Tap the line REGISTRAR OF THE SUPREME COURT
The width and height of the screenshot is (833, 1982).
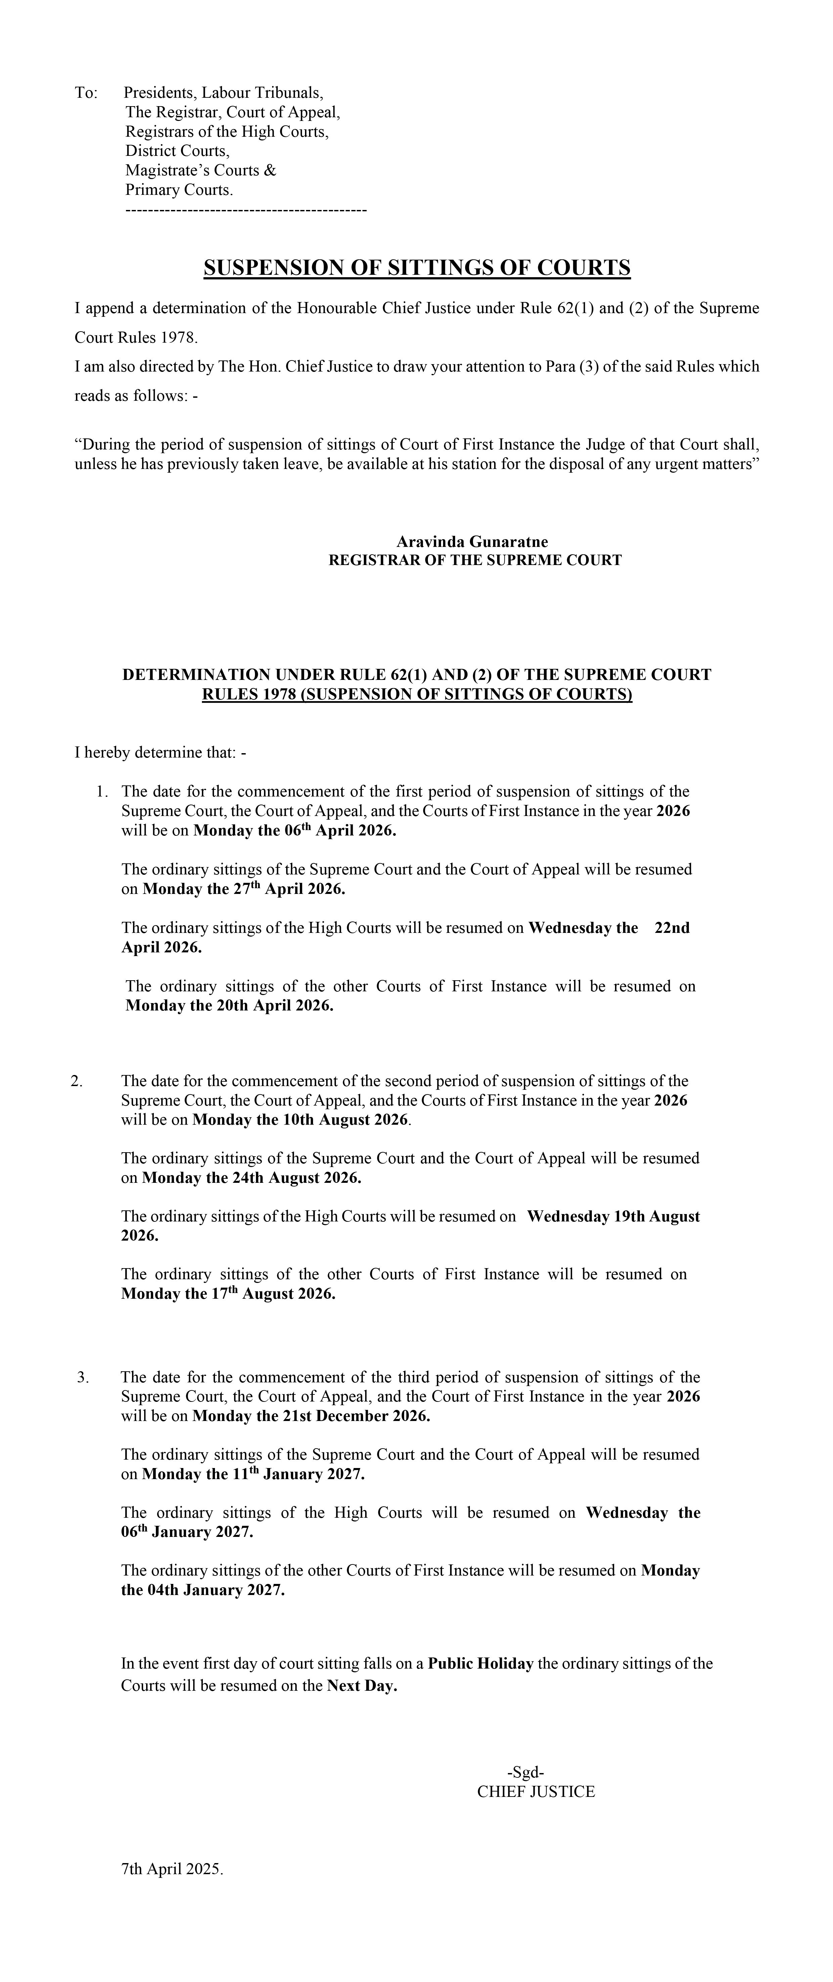475,560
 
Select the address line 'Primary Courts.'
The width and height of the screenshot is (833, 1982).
179,190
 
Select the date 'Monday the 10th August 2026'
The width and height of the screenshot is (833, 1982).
300,1119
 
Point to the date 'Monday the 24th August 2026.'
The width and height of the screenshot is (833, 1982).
252,1178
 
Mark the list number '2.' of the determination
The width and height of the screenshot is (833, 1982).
76,1081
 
